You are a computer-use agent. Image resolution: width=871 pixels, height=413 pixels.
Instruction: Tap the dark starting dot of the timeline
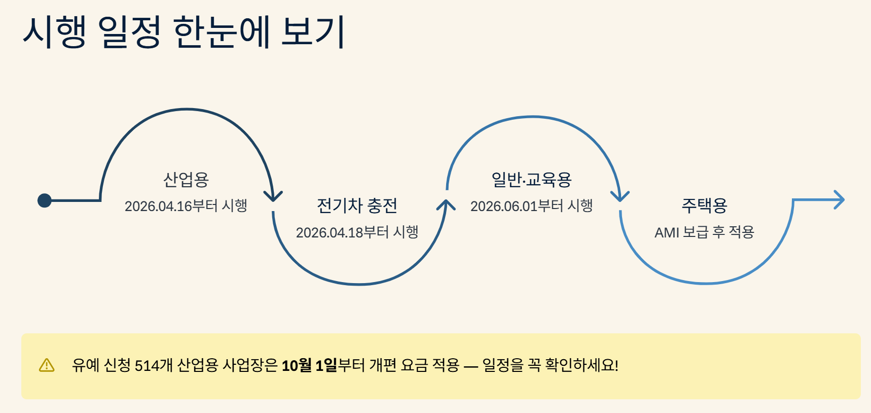point(45,200)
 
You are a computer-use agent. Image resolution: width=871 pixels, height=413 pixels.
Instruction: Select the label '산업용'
point(186,180)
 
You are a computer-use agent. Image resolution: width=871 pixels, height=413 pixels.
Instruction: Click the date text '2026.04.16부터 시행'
point(186,206)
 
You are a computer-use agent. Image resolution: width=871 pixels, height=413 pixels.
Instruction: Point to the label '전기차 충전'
point(357,205)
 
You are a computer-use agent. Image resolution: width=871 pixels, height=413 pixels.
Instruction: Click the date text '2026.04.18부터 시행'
point(357,232)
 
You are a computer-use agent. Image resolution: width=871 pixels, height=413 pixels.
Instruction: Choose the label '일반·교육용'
point(531,180)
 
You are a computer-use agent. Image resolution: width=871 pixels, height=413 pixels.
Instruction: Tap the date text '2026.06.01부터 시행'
point(531,206)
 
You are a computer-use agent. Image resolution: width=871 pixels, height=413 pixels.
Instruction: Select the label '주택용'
point(704,205)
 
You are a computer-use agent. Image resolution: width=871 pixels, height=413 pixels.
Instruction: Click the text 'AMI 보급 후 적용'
point(704,232)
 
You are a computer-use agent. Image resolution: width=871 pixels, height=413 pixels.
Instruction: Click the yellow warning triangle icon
point(47,365)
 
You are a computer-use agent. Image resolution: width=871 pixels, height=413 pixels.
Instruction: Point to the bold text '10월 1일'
point(309,365)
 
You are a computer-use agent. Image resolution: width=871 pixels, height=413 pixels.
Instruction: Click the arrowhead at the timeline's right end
point(839,200)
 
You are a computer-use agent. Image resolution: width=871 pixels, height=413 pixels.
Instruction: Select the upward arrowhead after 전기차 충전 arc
point(446,204)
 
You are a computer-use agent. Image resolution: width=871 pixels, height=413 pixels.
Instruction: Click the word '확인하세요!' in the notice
point(582,365)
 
